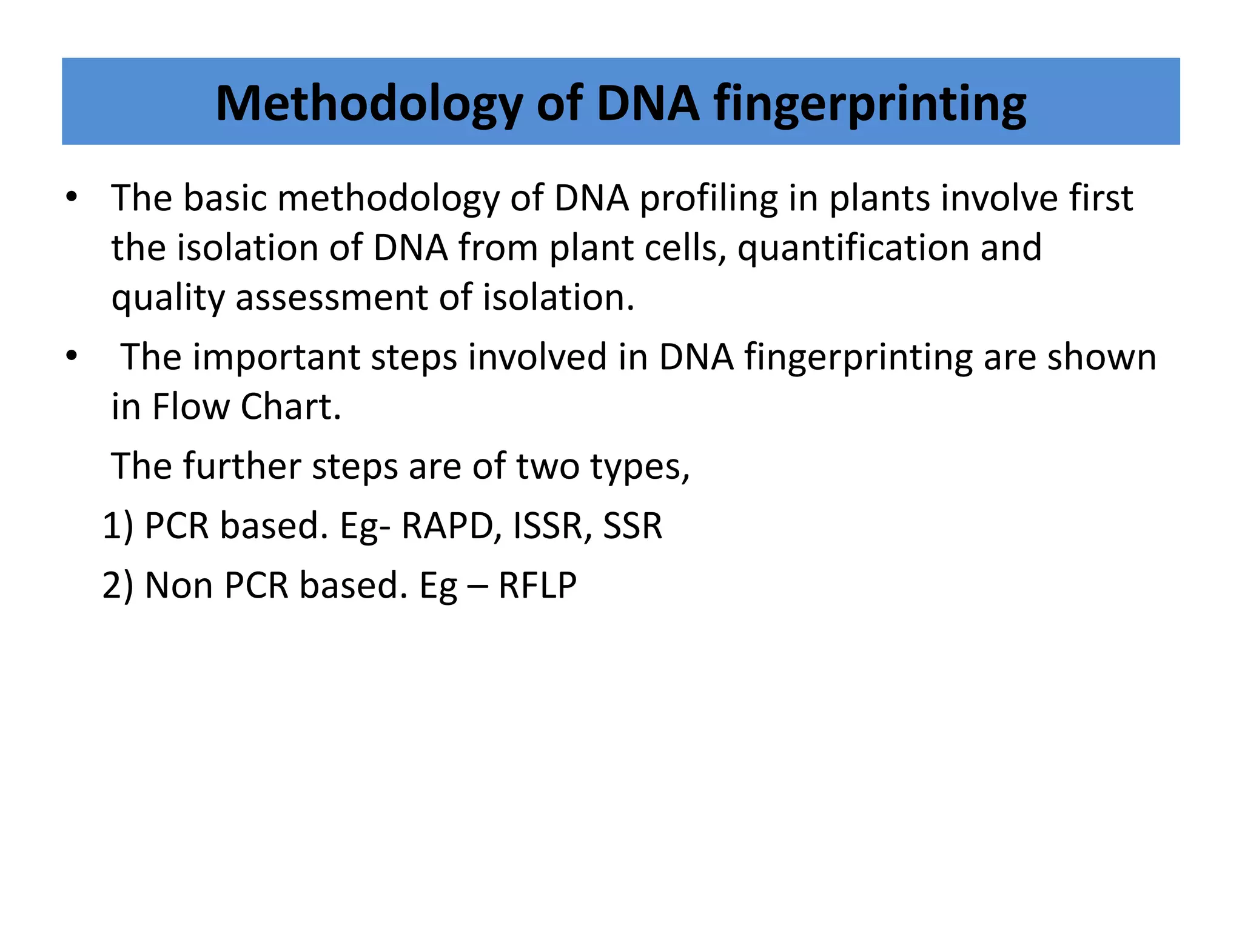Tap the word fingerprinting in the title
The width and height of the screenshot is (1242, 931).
[870, 104]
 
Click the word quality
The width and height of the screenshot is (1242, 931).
[168, 298]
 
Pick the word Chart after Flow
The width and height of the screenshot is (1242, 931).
[291, 407]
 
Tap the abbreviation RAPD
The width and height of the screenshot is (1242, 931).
[451, 526]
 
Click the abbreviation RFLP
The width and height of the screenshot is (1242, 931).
[537, 586]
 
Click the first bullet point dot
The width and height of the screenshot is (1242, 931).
[72, 197]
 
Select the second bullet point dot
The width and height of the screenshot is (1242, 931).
[72, 356]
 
